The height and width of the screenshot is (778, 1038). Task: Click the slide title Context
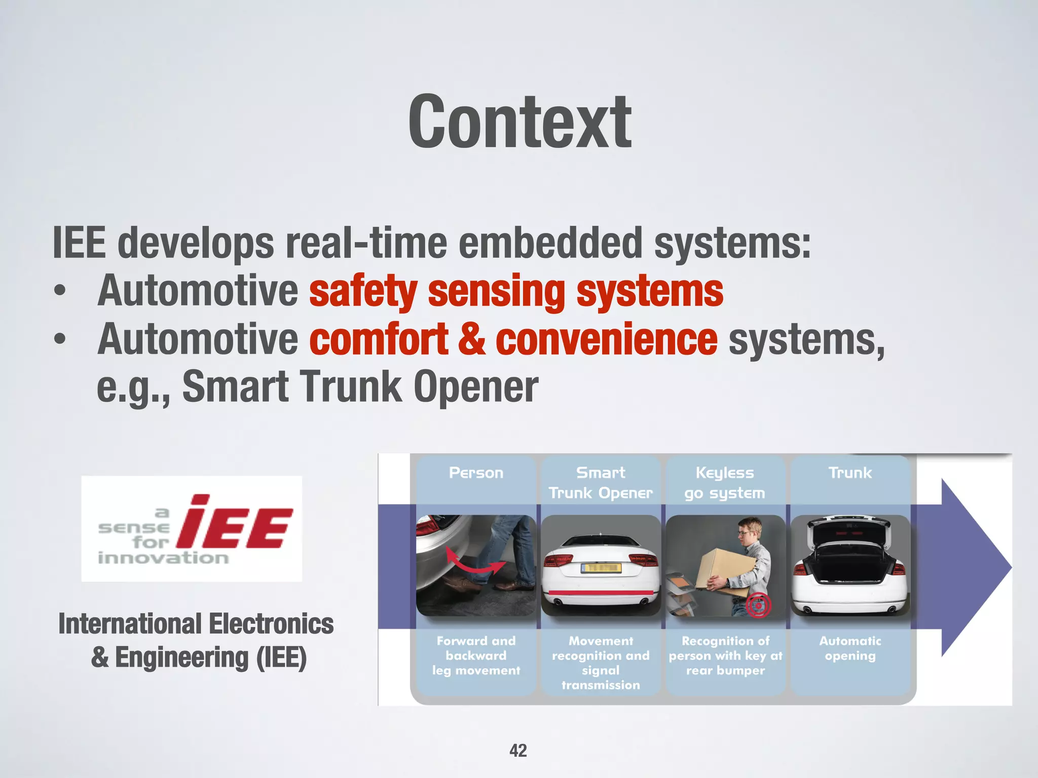point(520,123)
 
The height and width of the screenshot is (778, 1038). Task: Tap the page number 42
point(518,750)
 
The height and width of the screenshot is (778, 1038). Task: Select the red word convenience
point(606,339)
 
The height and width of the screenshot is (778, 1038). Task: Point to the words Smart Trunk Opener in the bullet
point(360,387)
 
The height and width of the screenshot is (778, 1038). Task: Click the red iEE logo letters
point(235,523)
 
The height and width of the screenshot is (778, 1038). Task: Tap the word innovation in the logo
point(163,558)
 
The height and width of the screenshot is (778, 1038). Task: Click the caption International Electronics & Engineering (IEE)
point(196,640)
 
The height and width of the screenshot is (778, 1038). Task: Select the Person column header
point(476,473)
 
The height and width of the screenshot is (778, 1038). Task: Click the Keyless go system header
point(725,483)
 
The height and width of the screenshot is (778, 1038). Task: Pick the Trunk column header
point(850,473)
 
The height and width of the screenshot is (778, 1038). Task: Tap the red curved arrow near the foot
point(475,563)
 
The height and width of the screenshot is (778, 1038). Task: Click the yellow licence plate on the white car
point(601,568)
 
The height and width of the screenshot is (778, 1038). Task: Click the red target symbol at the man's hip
point(758,605)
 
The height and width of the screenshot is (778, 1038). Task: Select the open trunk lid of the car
point(850,530)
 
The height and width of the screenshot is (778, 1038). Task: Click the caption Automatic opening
point(850,648)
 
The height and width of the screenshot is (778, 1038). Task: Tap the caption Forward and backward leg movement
point(476,655)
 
